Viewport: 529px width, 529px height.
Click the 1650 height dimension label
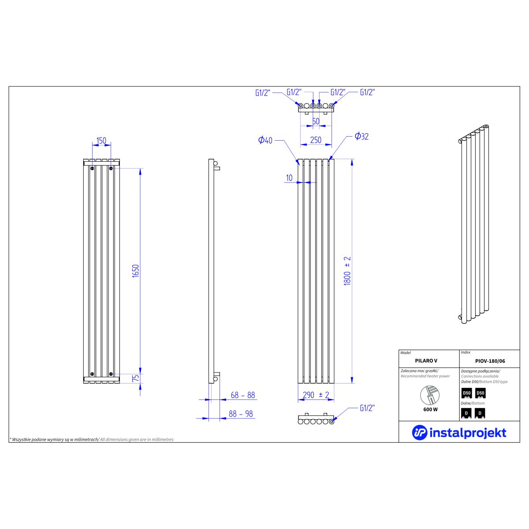tap(136, 271)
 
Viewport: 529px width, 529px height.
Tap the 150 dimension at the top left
tap(101, 141)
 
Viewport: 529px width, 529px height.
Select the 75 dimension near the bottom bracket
tap(136, 378)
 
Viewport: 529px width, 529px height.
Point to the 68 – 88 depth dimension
tap(242, 395)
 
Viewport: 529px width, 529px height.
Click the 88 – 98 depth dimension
tap(241, 414)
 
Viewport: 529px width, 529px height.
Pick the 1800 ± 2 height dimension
tap(347, 271)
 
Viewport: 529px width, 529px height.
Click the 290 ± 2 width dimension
tap(316, 395)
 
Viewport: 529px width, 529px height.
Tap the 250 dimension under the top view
tap(316, 140)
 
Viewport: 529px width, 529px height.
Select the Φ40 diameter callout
tap(265, 140)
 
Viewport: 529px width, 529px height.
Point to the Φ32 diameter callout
tap(361, 136)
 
